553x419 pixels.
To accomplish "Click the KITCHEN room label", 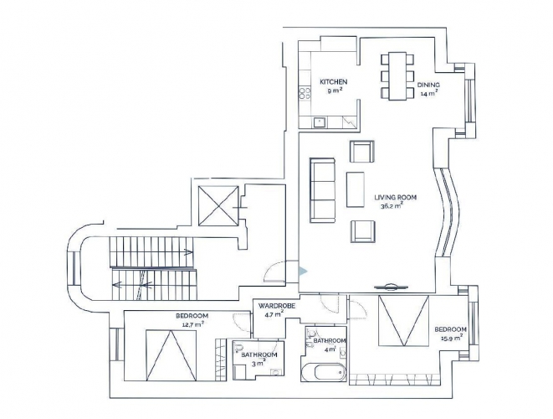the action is (333, 82).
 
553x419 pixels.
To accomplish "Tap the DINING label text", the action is (428, 85).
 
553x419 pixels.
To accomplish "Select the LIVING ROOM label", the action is (396, 197).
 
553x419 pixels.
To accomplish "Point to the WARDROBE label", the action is (276, 306).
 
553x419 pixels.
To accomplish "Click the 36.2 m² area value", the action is (392, 206).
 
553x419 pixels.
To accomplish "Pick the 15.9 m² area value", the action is (452, 338).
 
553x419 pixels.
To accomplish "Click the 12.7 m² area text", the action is (192, 324).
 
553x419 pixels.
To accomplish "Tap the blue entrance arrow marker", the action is (303, 272).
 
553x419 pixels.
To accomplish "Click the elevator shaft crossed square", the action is (218, 205).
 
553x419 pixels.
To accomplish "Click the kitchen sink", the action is (320, 122).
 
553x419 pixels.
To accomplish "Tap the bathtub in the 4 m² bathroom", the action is (324, 372).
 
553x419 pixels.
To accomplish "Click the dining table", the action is (397, 76).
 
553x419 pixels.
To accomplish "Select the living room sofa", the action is (322, 190).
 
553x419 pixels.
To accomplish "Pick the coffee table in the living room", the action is (356, 189).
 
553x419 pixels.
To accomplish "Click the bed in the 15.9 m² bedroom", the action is (404, 320).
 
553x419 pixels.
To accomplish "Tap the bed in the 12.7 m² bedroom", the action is (171, 355).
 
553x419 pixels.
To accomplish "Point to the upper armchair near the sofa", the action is (362, 152).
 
